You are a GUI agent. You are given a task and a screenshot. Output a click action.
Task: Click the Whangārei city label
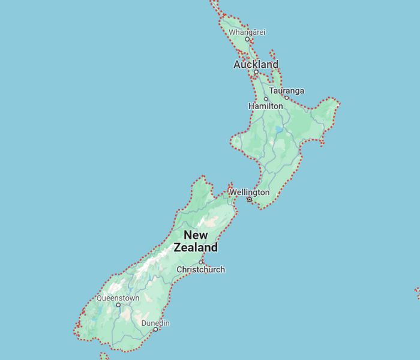click(247, 32)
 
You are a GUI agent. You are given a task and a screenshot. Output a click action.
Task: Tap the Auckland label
click(256, 64)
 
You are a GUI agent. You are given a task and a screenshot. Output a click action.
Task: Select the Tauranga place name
click(286, 91)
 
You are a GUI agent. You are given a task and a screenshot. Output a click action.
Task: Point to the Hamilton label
click(265, 106)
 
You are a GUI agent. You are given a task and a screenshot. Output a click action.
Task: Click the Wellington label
click(249, 192)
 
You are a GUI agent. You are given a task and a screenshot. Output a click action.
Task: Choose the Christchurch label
click(200, 269)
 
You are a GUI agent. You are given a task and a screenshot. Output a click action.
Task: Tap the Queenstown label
click(118, 298)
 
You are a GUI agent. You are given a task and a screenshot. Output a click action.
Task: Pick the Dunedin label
click(155, 323)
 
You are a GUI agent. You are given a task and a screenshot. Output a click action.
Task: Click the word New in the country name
click(196, 235)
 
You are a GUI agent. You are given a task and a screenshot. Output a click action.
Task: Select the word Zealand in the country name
click(196, 247)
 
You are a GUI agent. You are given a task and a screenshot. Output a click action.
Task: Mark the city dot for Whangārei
click(247, 39)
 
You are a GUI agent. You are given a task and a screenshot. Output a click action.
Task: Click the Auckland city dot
click(256, 72)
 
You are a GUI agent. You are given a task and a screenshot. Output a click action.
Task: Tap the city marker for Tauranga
click(286, 98)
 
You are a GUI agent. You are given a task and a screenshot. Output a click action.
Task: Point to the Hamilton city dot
click(266, 99)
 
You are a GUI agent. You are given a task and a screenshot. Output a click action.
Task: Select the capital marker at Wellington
click(250, 199)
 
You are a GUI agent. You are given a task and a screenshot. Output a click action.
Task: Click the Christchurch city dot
click(201, 262)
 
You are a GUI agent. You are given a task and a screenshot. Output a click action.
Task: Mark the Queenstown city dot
click(118, 305)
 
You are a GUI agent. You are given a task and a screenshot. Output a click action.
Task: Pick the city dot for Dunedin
click(155, 329)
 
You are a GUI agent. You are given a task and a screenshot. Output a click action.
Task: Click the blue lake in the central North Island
click(278, 129)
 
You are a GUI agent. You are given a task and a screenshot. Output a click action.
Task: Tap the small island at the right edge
click(417, 292)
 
